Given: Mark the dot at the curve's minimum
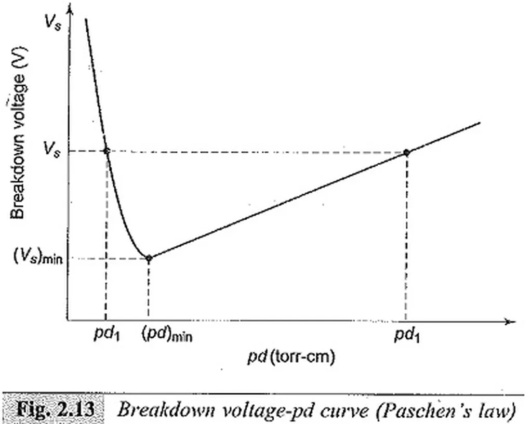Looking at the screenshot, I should [x=149, y=258].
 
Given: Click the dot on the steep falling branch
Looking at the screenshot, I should [x=107, y=151].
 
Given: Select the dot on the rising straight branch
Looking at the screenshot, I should [x=406, y=152].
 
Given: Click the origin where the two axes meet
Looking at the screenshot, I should [x=68, y=321].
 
